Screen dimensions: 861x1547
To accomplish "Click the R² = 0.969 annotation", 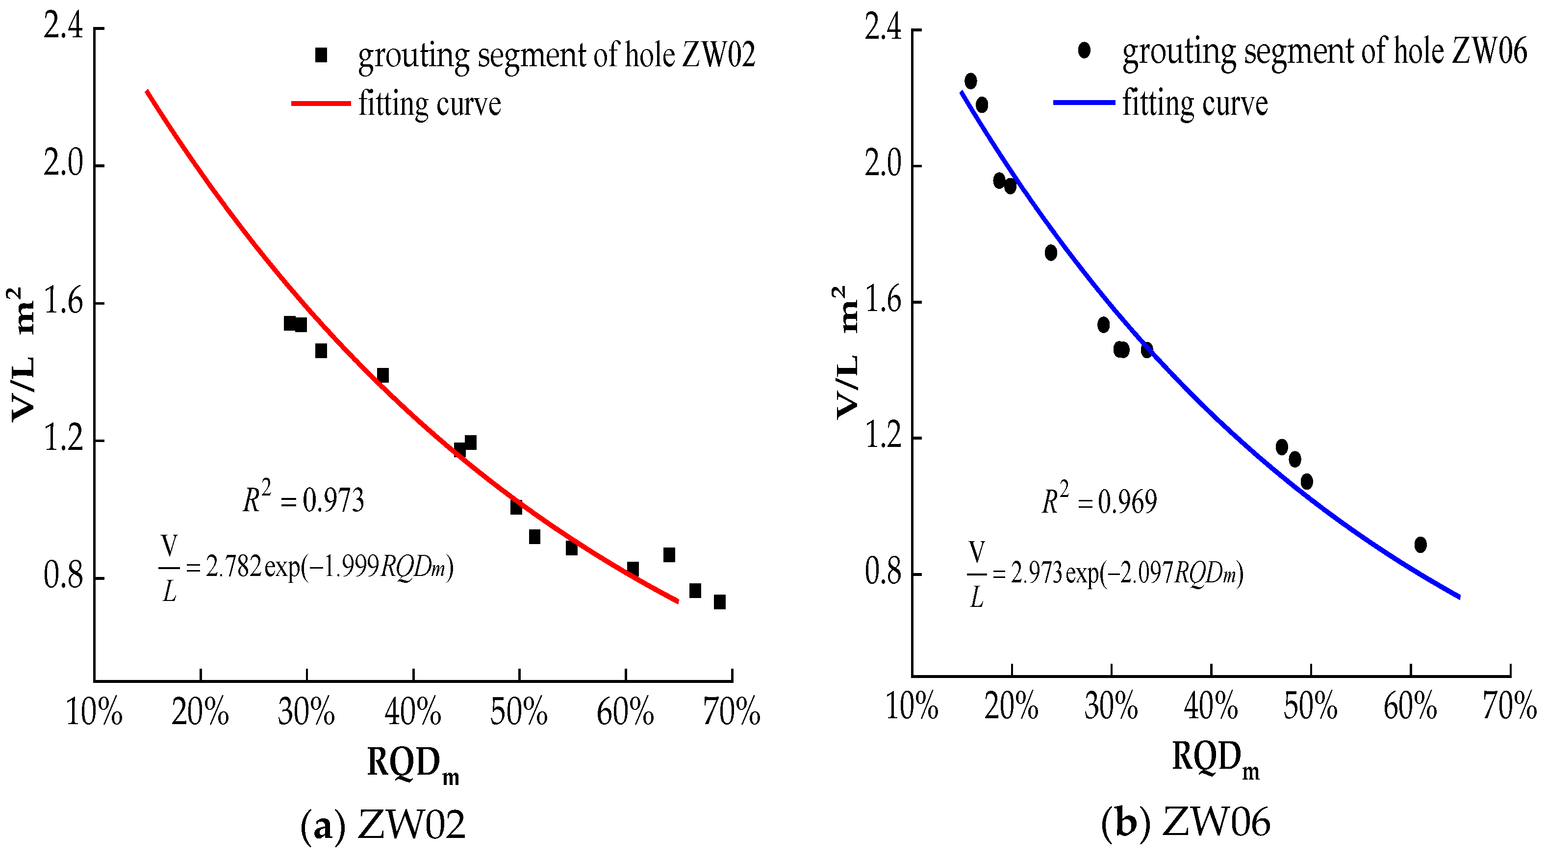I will coord(1098,500).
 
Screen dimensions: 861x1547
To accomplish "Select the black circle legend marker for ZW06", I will coord(1084,51).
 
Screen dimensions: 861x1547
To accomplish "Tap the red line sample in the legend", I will coord(321,104).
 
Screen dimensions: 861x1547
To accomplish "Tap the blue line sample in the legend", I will coord(1084,103).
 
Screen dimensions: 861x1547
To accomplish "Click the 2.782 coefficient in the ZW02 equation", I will coord(233,566).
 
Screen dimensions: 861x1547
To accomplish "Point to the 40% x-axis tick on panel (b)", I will coord(1211,706).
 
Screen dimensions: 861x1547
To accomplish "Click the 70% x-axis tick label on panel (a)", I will coord(732,712).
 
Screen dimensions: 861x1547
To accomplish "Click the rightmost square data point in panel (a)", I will coord(719,601).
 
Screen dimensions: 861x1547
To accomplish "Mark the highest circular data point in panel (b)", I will coord(970,81).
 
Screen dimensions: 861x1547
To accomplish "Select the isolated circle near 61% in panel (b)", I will coord(1420,545).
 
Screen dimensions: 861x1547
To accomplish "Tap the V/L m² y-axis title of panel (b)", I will coord(847,351).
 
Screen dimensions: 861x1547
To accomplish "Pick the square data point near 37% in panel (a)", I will coord(382,375).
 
